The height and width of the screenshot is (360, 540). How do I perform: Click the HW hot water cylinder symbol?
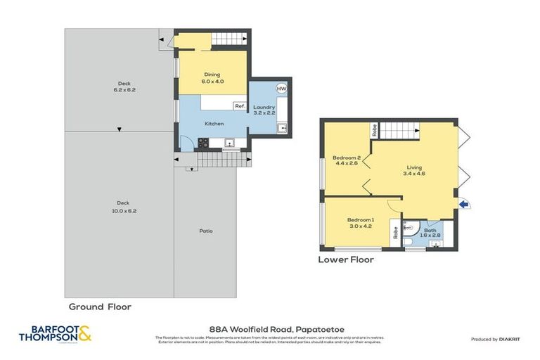pyautogui.click(x=281, y=89)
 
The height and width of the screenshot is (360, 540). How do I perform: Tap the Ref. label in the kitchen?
pyautogui.click(x=240, y=105)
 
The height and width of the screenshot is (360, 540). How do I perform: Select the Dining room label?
pyautogui.click(x=212, y=77)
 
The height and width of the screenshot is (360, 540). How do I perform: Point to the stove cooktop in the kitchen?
pyautogui.click(x=203, y=143)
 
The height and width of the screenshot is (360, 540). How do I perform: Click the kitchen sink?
pyautogui.click(x=229, y=143)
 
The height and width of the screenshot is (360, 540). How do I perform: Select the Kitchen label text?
pyautogui.click(x=214, y=124)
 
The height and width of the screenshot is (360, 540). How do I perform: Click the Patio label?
pyautogui.click(x=205, y=231)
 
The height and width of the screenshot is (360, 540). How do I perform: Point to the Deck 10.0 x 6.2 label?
pyautogui.click(x=124, y=207)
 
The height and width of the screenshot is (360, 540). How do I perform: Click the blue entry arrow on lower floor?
pyautogui.click(x=463, y=204)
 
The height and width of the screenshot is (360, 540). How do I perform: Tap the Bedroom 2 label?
pyautogui.click(x=346, y=160)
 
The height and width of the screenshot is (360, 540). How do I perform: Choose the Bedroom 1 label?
pyautogui.click(x=361, y=223)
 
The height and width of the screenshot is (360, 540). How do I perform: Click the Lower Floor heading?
pyautogui.click(x=345, y=259)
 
